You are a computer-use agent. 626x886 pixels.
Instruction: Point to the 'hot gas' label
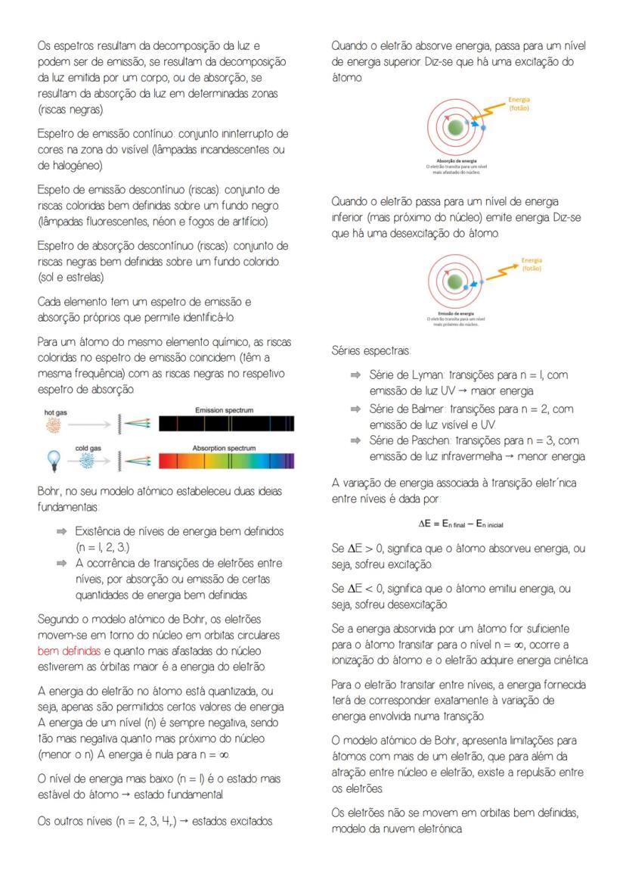(55, 413)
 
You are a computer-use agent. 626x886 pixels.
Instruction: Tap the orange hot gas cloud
(54, 426)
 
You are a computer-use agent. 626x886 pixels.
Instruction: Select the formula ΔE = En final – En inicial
(460, 524)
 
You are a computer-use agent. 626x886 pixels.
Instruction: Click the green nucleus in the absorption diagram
(454, 129)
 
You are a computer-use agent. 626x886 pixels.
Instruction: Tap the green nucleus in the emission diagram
(454, 282)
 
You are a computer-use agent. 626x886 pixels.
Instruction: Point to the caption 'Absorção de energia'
(457, 160)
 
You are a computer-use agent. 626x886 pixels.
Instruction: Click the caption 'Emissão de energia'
(456, 313)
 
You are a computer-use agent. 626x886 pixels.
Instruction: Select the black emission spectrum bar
(225, 424)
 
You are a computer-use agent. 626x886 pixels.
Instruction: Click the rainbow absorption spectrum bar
(225, 461)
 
